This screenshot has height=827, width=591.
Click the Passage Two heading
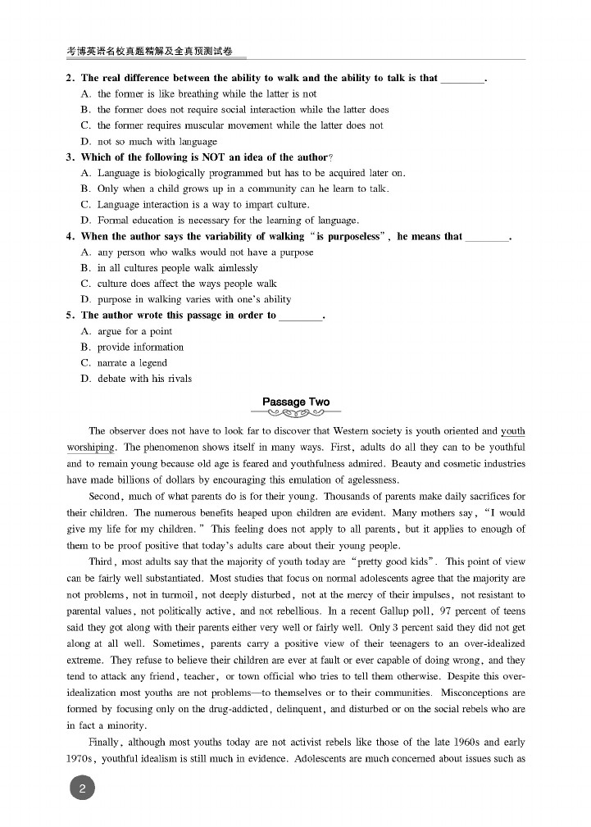[295, 402]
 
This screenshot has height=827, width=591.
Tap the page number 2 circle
[82, 788]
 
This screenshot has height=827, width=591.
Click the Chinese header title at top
[155, 51]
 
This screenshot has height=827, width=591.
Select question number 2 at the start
[70, 79]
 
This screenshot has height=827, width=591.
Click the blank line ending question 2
[463, 80]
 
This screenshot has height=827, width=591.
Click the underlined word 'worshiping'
[90, 448]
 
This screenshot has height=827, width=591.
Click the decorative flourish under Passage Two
[295, 413]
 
